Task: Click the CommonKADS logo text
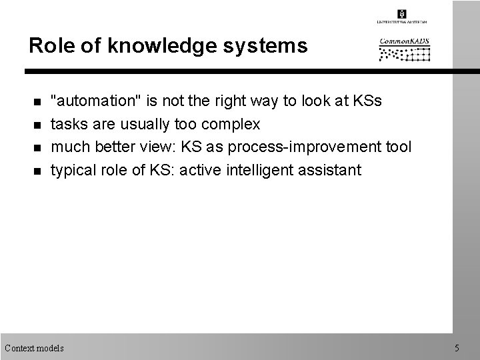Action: (405, 43)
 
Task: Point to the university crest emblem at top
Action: (401, 13)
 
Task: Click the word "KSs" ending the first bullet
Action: (367, 101)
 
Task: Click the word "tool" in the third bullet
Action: (399, 147)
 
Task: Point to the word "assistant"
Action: (329, 170)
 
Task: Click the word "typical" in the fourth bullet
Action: (73, 171)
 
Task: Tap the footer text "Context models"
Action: (34, 348)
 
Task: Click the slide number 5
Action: (457, 348)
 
